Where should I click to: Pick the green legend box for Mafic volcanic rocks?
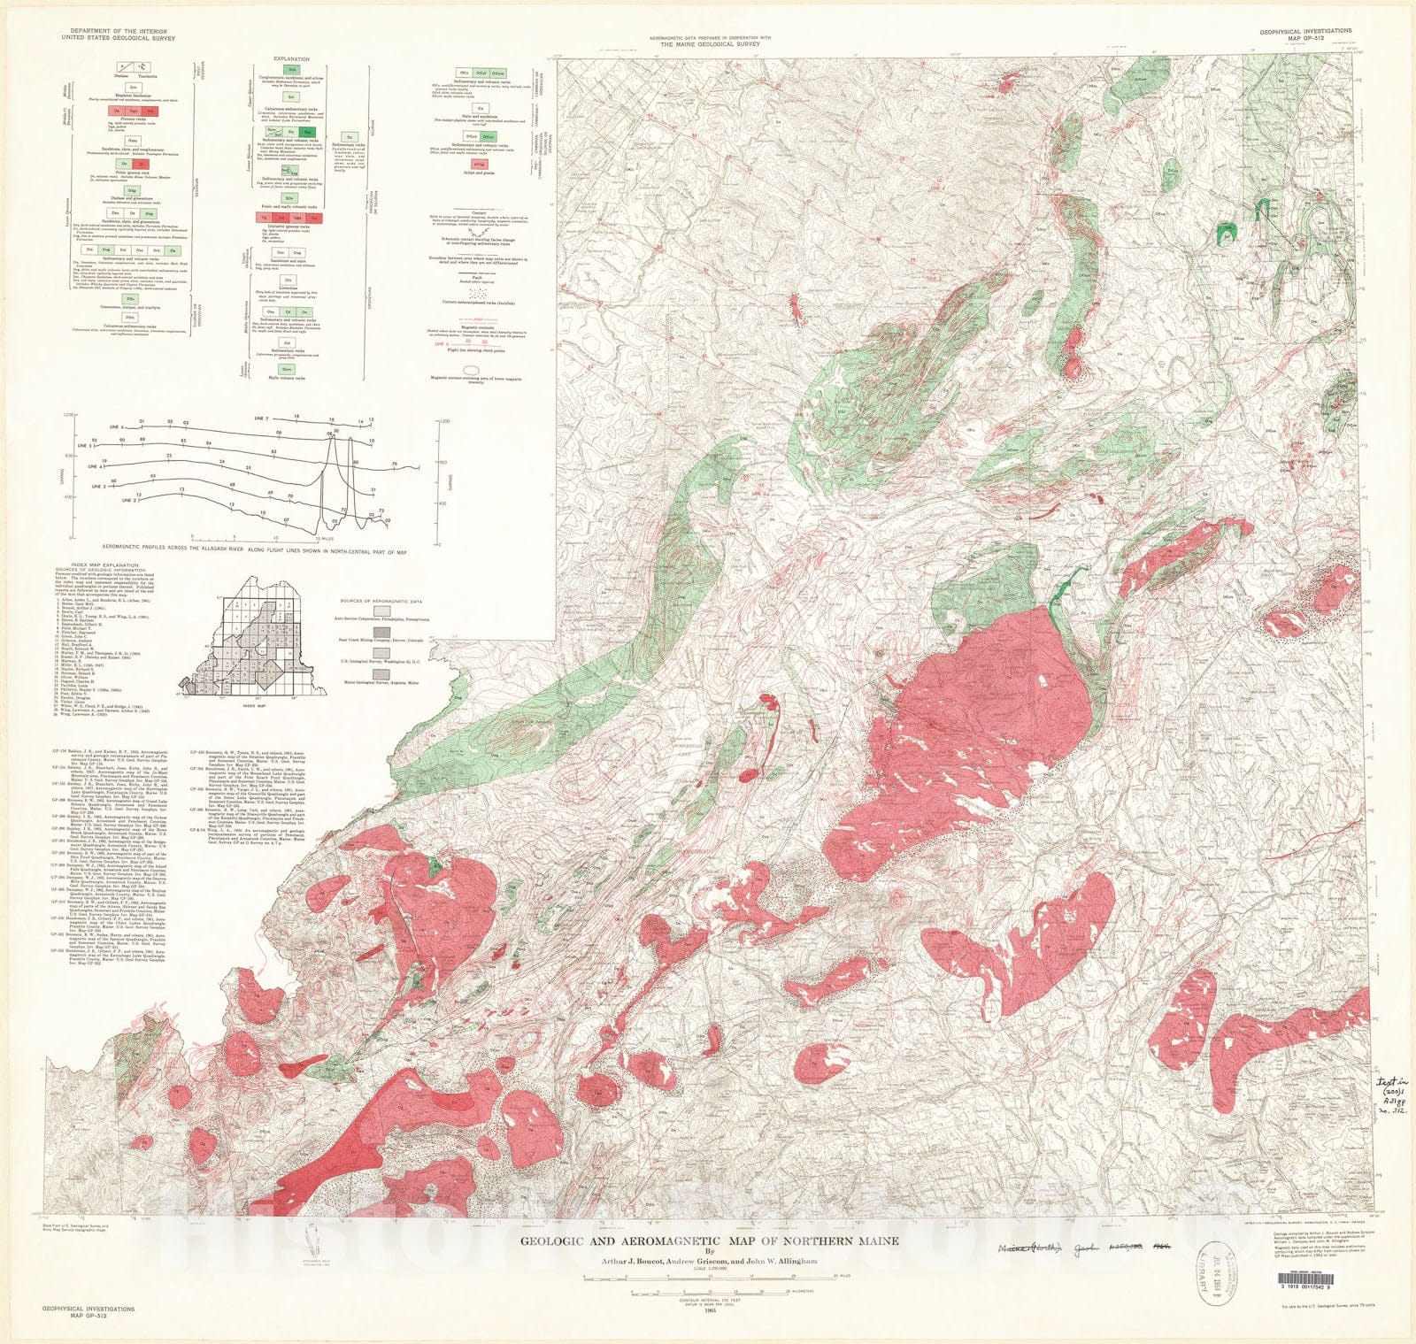coord(287,368)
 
